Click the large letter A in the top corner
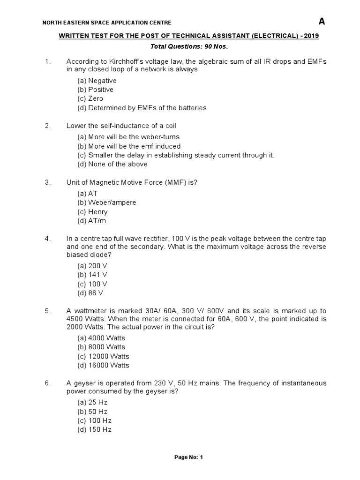322,21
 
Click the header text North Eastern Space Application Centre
107,22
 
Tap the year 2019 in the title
311,36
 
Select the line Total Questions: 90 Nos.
188,47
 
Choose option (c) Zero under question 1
90,99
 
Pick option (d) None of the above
112,164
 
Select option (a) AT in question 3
88,194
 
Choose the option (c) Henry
93,212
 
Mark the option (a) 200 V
92,266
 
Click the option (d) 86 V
90,293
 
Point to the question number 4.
47,239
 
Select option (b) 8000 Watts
101,347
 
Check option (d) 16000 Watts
103,365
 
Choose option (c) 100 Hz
94,420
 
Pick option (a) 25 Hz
92,403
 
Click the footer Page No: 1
188,457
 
